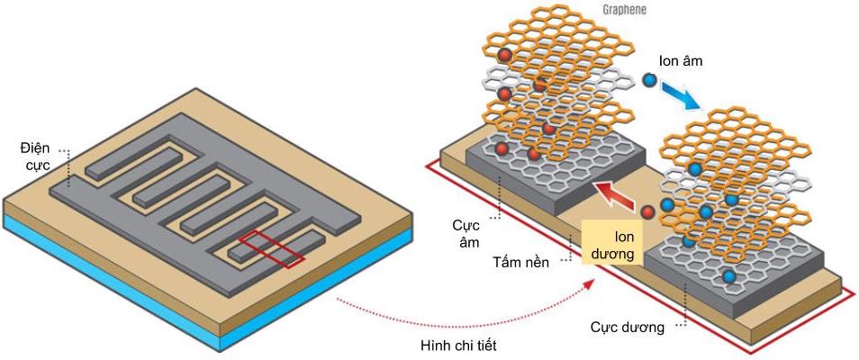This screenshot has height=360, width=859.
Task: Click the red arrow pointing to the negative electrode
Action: [615, 190]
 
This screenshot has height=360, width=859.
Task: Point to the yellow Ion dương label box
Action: [613, 243]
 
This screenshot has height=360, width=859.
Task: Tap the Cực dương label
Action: [627, 328]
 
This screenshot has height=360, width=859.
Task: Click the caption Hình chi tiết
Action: [458, 346]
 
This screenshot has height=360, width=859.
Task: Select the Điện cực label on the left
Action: [40, 157]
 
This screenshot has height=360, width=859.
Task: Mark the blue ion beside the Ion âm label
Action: [649, 80]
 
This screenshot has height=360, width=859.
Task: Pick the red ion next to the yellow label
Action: [647, 211]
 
